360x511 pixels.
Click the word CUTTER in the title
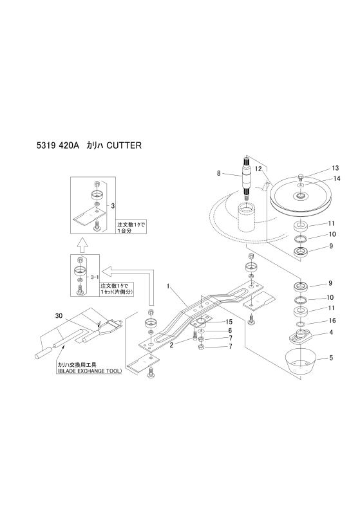(124, 145)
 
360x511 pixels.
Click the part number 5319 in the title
(46, 145)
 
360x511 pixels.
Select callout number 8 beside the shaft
(219, 173)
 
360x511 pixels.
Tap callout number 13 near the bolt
(336, 168)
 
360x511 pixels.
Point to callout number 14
(337, 178)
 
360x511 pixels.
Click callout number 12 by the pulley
(259, 169)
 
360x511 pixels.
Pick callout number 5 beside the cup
(331, 358)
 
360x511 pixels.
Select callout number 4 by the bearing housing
(331, 333)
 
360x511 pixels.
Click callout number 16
(332, 321)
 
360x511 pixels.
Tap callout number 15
(229, 322)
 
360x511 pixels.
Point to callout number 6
(230, 331)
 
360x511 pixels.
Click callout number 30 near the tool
(59, 315)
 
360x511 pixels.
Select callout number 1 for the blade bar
(168, 286)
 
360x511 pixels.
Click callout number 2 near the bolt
(171, 346)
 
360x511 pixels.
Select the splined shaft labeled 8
(247, 179)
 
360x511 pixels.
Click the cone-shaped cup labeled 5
(301, 361)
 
